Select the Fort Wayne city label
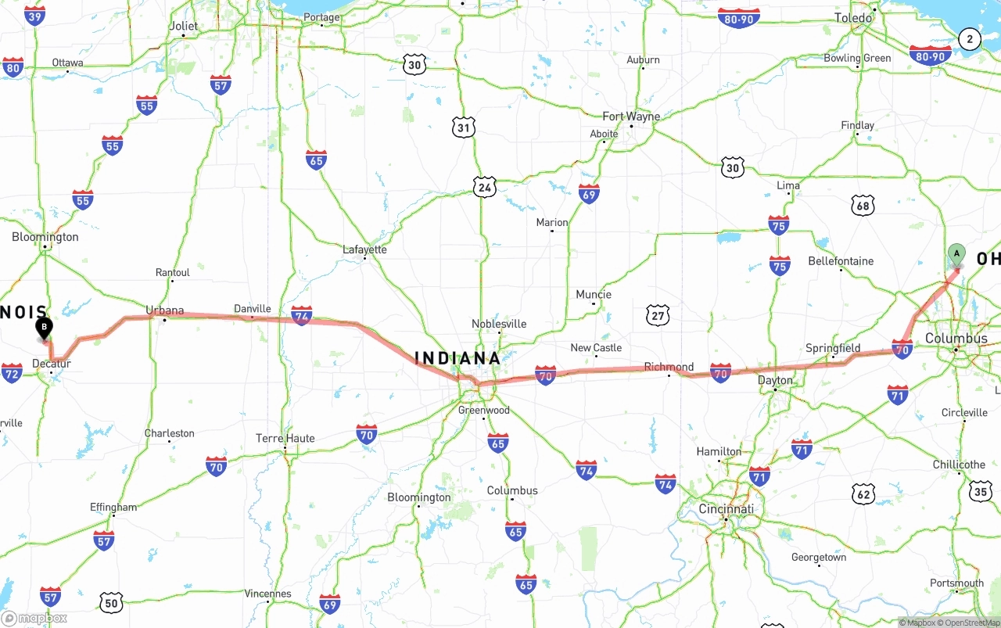(631, 117)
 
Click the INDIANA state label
(457, 358)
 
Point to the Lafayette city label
(364, 250)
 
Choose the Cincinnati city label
(727, 509)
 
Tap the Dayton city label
(775, 381)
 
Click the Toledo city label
(852, 18)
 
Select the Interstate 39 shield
(34, 16)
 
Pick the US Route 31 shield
(464, 127)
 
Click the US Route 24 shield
(484, 187)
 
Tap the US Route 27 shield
(658, 315)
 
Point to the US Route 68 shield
(863, 206)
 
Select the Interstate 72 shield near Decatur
(12, 373)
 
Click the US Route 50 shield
(112, 603)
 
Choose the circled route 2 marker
(970, 39)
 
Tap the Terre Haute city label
(285, 439)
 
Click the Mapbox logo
(35, 618)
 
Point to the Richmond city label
(669, 367)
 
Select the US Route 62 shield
(863, 493)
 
